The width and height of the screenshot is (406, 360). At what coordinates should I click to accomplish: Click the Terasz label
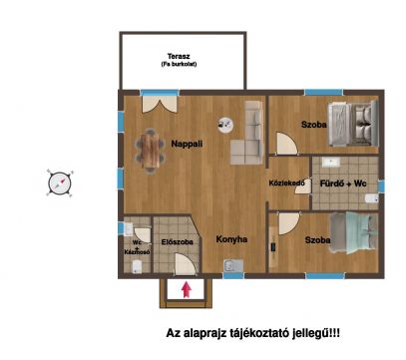pos(179,56)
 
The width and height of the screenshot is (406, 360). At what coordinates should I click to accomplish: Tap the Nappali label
pos(187,144)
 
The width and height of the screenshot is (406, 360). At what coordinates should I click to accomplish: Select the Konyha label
pos(231,239)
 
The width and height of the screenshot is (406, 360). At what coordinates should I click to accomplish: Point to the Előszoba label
pos(178,242)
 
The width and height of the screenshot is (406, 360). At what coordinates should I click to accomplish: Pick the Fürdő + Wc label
pos(343,183)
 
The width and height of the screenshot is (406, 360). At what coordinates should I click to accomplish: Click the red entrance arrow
pos(187,289)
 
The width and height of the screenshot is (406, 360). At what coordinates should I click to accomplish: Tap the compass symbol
pos(60,182)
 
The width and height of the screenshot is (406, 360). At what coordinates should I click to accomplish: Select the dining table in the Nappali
pos(150,151)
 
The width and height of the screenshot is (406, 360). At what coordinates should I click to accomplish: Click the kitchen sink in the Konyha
pos(233,266)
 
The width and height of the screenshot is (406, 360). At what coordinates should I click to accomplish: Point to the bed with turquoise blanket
pos(354,232)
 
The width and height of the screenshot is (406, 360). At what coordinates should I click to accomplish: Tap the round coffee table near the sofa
pos(225,126)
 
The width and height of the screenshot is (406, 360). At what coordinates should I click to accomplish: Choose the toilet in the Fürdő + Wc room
pos(372,198)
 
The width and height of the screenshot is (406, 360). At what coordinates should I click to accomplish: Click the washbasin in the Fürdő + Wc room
pos(330,163)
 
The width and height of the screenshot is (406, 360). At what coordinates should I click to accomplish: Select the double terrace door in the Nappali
pos(160,104)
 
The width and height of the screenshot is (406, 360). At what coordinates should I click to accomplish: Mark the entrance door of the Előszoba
pos(185,264)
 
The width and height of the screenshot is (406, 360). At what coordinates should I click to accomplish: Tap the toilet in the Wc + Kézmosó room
pos(137,267)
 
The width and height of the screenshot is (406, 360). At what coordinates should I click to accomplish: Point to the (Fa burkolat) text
pos(179,64)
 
